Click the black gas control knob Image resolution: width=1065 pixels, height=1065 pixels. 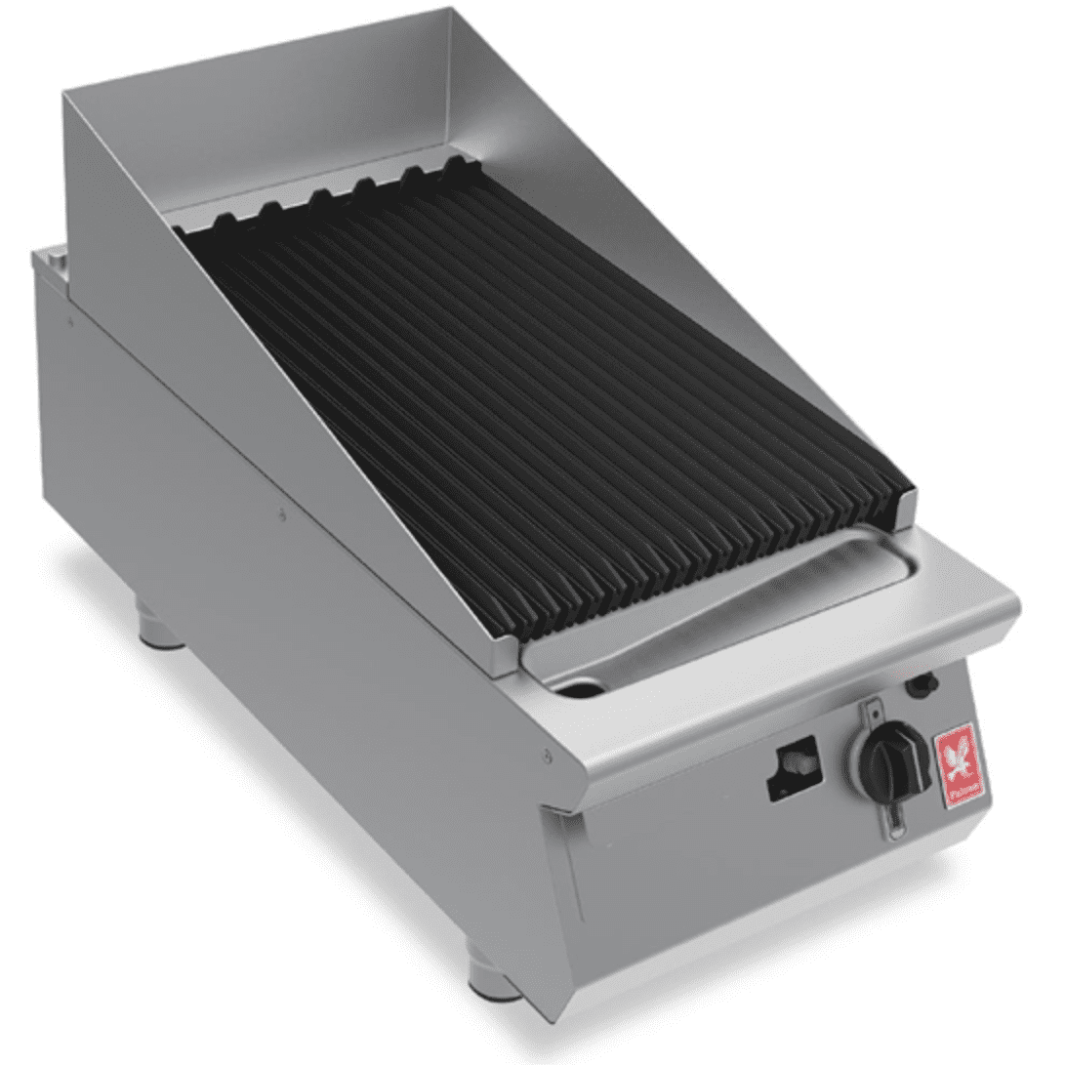(886, 758)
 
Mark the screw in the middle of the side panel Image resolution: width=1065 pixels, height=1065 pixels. (282, 513)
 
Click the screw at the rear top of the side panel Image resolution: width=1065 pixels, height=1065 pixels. (71, 317)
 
